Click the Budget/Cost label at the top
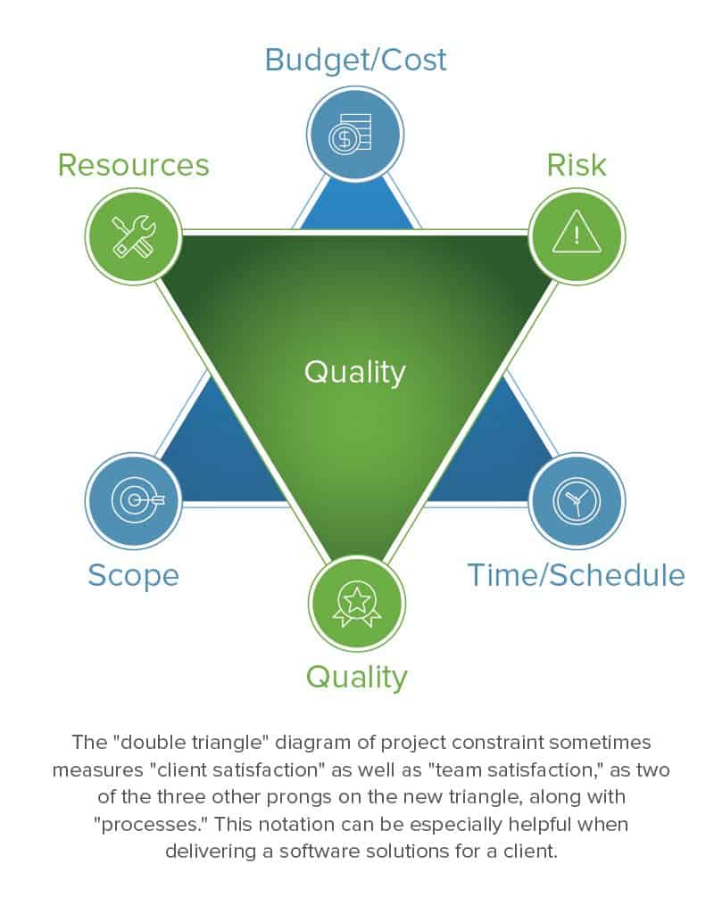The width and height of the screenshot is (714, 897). pyautogui.click(x=355, y=61)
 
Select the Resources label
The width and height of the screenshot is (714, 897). pyautogui.click(x=134, y=165)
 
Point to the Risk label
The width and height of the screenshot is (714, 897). pyautogui.click(x=577, y=165)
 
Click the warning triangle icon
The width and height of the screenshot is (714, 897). pyautogui.click(x=577, y=235)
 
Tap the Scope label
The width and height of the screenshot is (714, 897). pyautogui.click(x=133, y=575)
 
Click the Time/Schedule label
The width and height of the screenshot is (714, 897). pyautogui.click(x=577, y=575)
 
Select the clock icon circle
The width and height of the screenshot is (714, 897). pyautogui.click(x=577, y=500)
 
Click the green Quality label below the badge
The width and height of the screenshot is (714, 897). pyautogui.click(x=356, y=677)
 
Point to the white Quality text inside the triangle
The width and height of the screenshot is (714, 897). pyautogui.click(x=355, y=371)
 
